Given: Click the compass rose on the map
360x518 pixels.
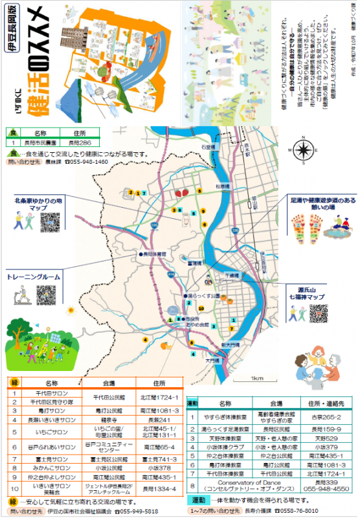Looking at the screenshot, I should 302,150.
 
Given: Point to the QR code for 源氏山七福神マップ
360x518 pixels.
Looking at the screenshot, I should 318,313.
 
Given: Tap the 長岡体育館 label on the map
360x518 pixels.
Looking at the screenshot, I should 155,254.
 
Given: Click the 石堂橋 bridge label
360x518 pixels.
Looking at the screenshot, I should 207,148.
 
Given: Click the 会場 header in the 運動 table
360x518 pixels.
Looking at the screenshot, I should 271,403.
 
